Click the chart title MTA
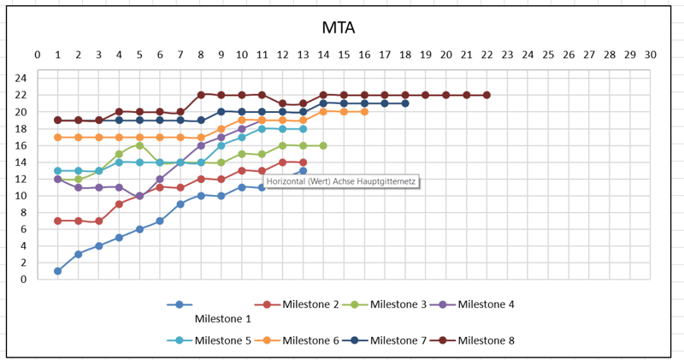[339, 28]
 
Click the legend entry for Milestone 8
[486, 340]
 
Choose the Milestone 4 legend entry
[486, 304]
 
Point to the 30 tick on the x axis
[650, 55]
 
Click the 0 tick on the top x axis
[38, 55]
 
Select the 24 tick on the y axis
[21, 79]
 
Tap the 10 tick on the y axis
[21, 196]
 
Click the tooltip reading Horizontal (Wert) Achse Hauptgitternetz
[339, 181]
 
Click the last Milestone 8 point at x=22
[486, 95]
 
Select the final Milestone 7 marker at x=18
[405, 103]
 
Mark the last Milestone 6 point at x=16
[364, 112]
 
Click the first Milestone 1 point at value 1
[58, 271]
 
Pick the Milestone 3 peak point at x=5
[139, 145]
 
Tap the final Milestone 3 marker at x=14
[323, 145]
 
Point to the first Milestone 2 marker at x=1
[58, 221]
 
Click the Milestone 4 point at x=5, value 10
[139, 196]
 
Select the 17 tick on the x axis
[385, 55]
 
